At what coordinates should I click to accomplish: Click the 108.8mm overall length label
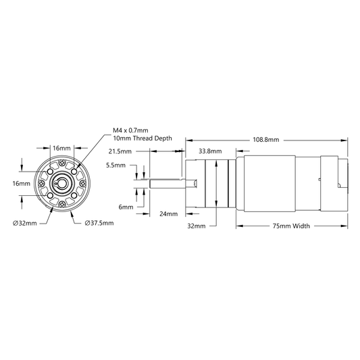point(266,140)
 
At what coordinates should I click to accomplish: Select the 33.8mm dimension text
point(210,151)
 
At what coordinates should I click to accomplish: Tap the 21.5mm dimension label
point(120,151)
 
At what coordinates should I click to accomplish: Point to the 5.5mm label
point(115,165)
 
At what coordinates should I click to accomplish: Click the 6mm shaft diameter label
point(126,207)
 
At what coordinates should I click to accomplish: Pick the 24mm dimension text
point(169,214)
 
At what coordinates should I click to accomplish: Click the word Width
point(301,226)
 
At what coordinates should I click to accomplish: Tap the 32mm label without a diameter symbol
point(197,226)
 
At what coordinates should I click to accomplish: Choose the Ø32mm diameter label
point(25,223)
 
